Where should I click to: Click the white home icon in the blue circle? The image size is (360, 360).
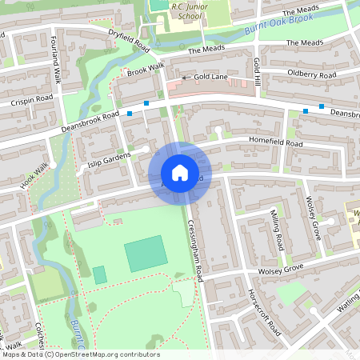179,173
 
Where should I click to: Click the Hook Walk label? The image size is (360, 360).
35,176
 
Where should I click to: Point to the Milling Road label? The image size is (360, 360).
276,229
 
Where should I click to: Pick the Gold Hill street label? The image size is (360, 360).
257,73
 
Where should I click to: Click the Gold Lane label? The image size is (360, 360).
210,77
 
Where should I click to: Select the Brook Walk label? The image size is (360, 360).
145,71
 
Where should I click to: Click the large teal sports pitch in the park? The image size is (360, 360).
146,254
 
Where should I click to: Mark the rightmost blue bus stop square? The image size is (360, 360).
322,106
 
